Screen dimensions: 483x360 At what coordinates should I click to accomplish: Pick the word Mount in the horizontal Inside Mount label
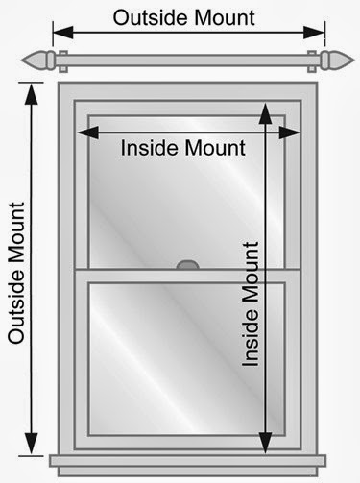[x=216, y=149]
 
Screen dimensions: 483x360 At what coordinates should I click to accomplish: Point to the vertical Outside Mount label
[x=16, y=273]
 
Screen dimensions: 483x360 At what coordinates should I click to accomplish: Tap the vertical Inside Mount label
[x=252, y=302]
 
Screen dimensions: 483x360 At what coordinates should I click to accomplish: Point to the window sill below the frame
[x=187, y=464]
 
